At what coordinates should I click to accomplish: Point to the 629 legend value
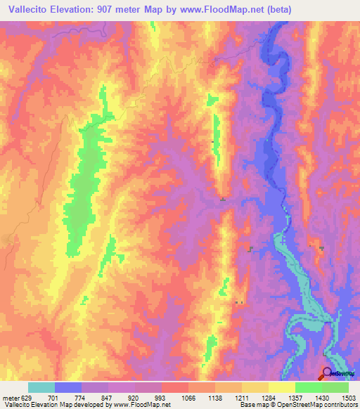pos(25,397)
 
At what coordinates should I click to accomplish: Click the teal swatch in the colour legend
pos(41,387)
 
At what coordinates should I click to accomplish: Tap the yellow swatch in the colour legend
pos(281,387)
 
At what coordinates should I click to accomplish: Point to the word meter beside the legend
pos(8,397)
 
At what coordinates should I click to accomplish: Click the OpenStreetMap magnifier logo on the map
pos(327,373)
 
